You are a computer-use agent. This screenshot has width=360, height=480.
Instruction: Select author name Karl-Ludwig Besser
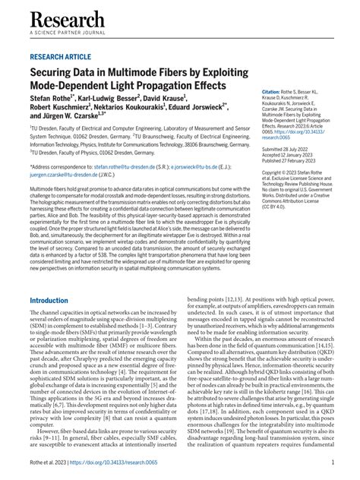(x=125, y=99)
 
